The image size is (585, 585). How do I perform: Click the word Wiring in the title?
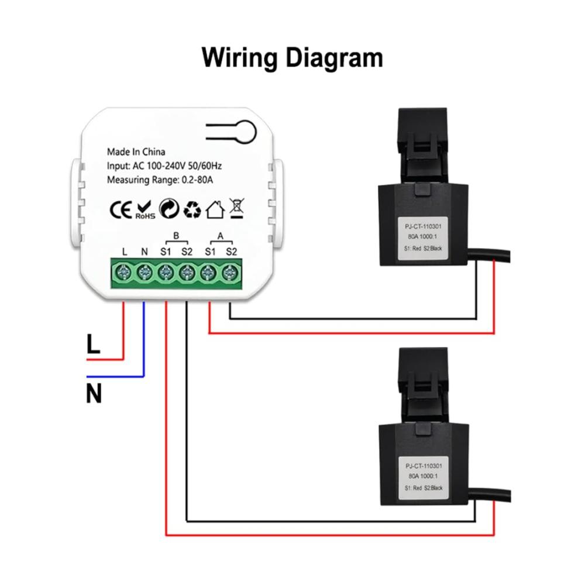[239, 58]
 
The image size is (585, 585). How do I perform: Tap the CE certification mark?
[121, 209]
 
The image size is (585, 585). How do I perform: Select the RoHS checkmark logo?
[144, 210]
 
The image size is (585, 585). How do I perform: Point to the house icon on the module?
[215, 209]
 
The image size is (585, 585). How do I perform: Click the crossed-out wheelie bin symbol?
[236, 208]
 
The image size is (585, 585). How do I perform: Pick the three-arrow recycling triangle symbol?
[192, 209]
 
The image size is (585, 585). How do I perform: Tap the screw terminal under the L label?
[122, 273]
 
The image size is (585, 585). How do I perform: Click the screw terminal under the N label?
[144, 273]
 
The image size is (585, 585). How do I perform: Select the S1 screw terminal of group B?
[166, 273]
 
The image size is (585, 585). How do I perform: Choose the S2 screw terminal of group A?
[230, 273]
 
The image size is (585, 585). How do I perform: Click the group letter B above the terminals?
[176, 235]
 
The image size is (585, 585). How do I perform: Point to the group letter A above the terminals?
[221, 236]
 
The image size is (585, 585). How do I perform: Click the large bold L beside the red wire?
[93, 343]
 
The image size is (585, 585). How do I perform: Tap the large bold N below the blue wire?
[94, 394]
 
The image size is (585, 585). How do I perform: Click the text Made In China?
[136, 152]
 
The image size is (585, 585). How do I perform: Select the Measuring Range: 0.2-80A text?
[160, 180]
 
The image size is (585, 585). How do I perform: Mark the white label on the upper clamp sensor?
[423, 238]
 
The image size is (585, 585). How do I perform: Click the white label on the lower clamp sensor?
[424, 477]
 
